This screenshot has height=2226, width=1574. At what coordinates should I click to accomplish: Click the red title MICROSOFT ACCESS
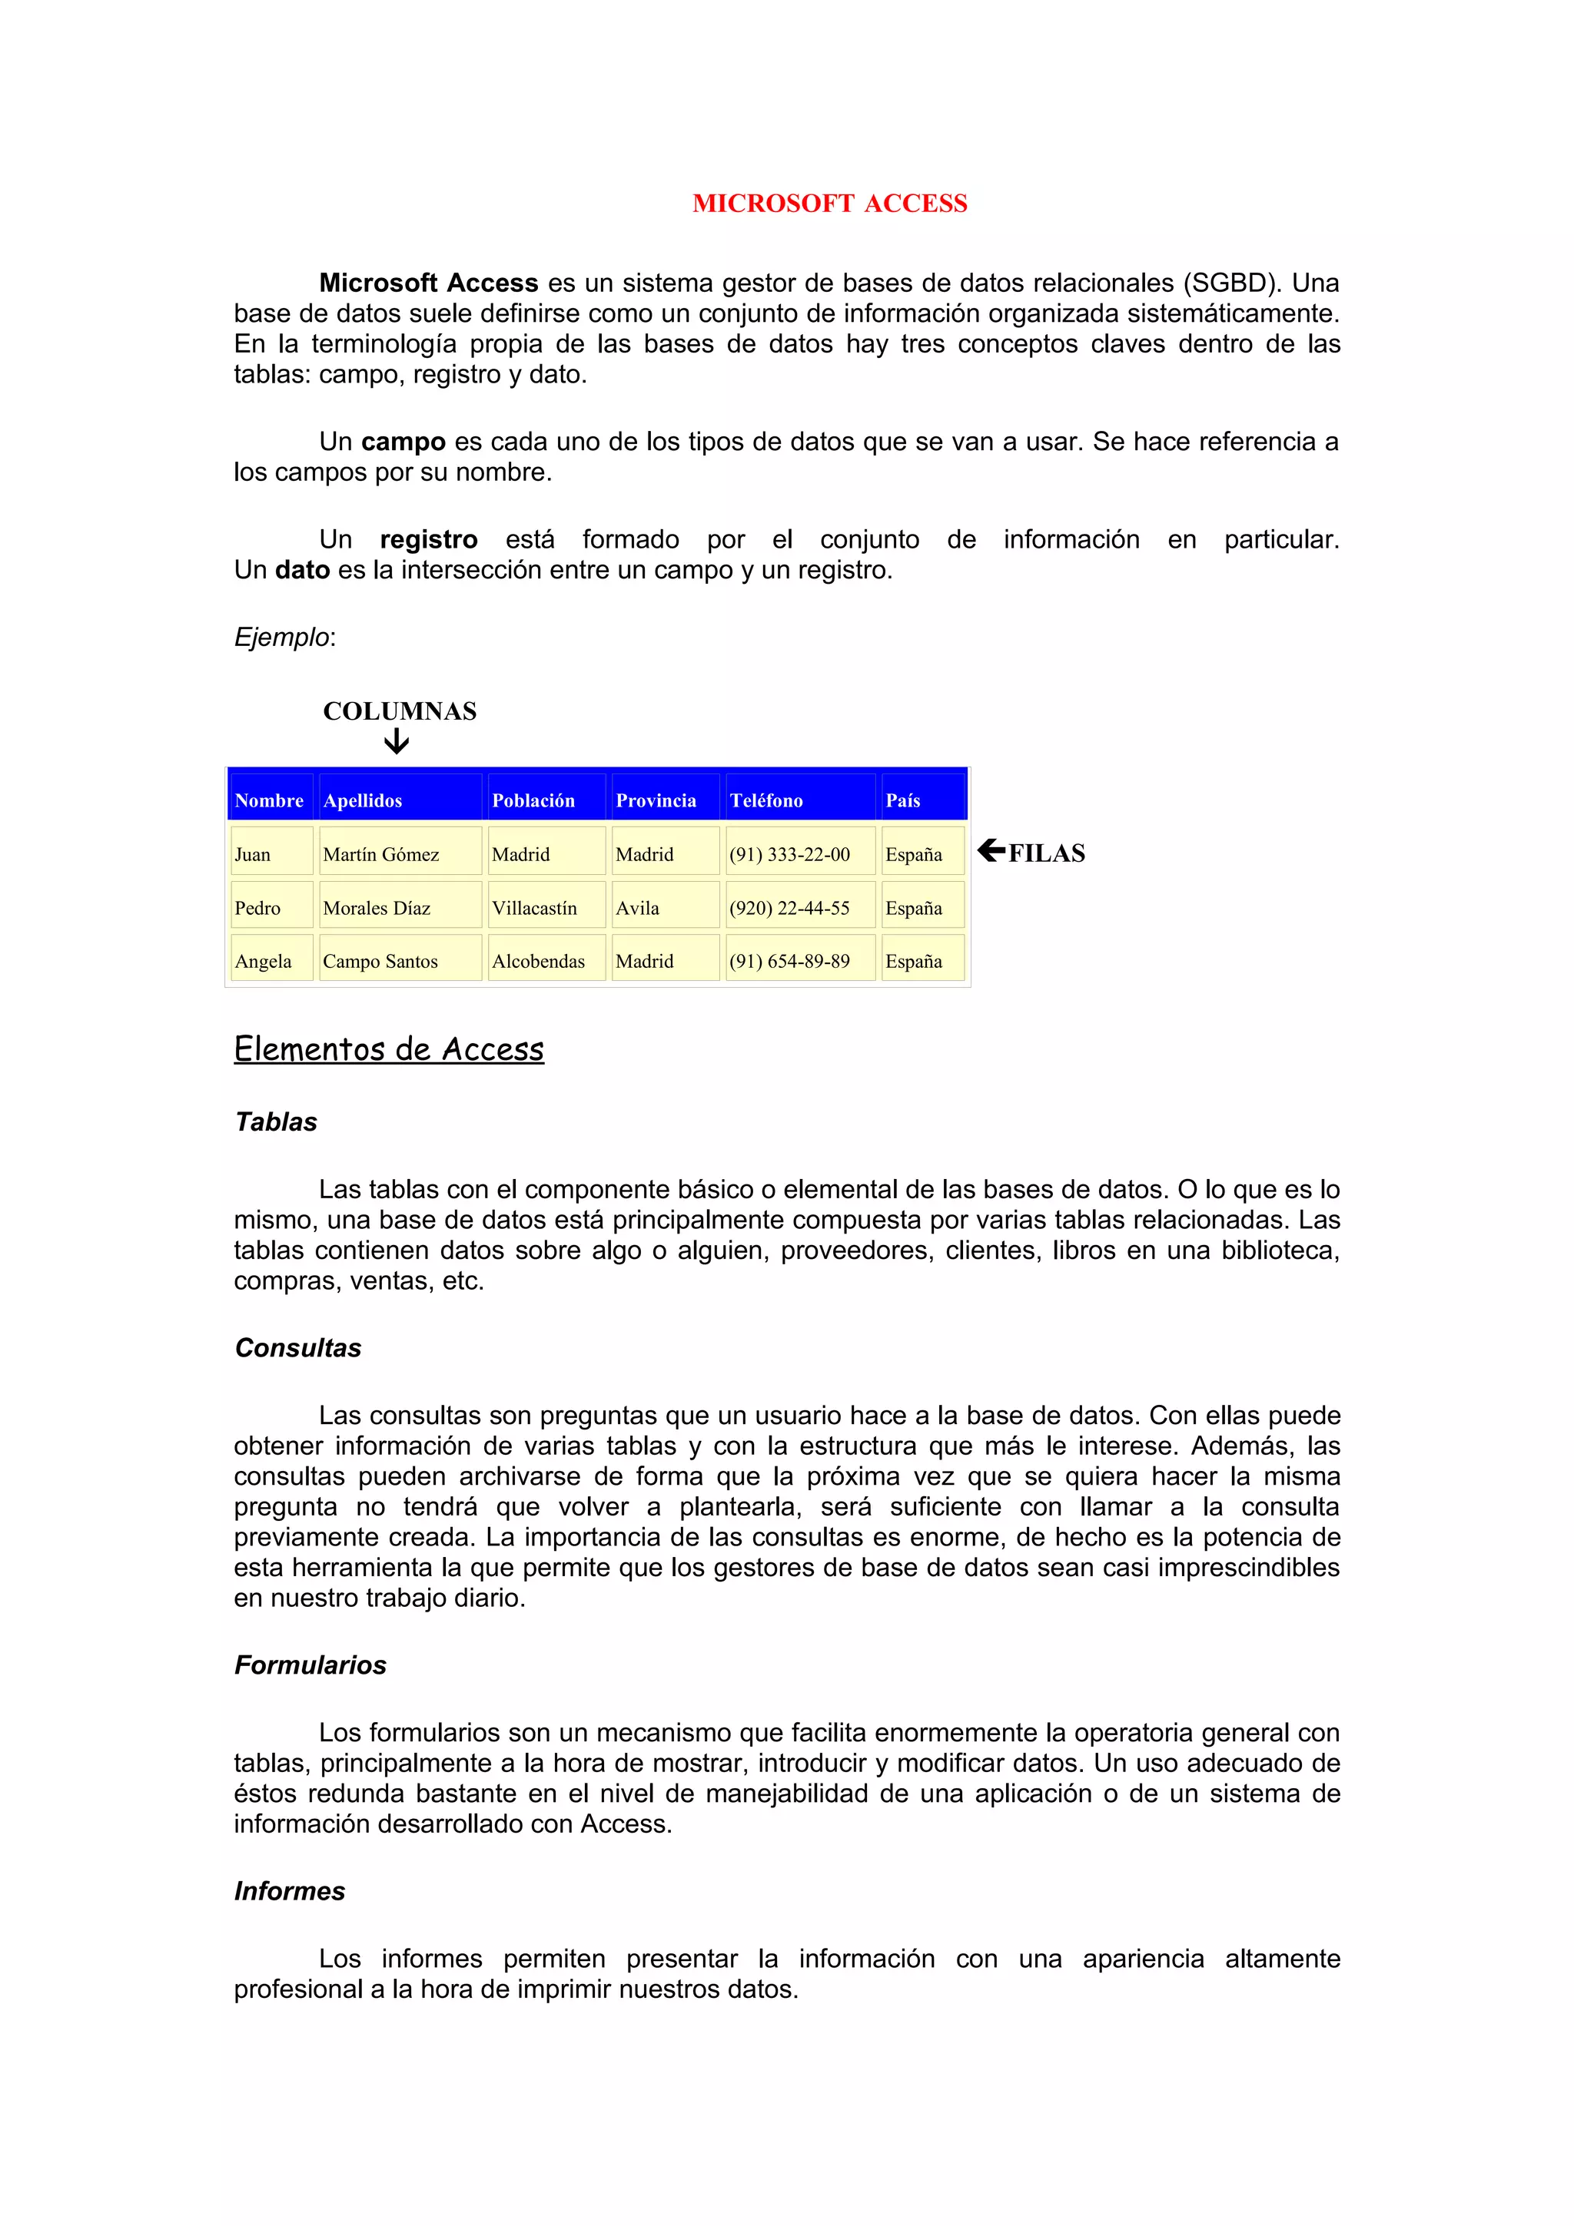829,204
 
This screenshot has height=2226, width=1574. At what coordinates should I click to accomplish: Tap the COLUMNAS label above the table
400,711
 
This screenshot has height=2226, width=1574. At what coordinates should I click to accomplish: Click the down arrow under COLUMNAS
396,743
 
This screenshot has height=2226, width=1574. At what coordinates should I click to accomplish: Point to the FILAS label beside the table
1047,853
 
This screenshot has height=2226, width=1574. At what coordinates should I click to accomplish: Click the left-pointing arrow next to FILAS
991,850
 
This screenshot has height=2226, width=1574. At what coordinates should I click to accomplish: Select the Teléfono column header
766,801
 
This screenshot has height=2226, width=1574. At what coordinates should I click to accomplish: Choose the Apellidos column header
363,801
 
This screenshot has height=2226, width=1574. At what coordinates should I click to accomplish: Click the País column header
903,801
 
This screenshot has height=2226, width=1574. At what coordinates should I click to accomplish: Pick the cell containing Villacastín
534,909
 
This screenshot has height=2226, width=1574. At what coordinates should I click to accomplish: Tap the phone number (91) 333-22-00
789,854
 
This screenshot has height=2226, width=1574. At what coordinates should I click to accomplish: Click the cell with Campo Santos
380,962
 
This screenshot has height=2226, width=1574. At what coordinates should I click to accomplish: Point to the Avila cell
637,909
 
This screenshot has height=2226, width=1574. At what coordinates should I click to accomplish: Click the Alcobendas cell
538,962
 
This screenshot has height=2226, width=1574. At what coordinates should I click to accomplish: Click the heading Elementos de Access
389,1049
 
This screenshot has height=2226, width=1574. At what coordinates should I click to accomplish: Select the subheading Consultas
297,1347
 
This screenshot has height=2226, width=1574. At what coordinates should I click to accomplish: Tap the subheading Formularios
310,1665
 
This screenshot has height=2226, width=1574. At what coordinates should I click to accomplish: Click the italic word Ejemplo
282,637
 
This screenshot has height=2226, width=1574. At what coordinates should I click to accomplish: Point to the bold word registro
429,539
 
